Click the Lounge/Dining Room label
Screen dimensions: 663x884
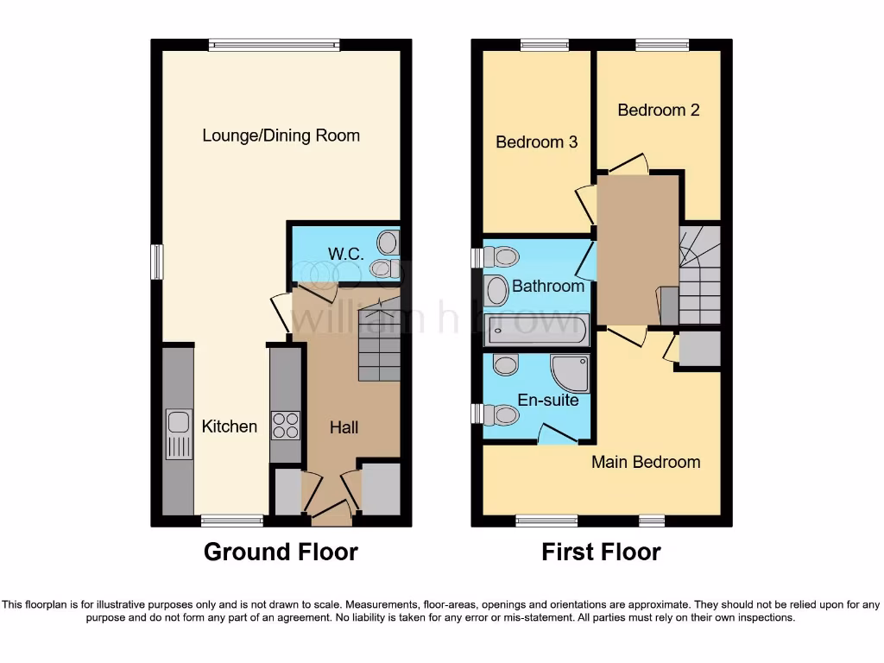(281, 136)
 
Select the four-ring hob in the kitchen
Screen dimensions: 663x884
(286, 425)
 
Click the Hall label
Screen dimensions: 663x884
(344, 427)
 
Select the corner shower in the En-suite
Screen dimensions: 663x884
(571, 373)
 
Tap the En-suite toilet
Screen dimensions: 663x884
(498, 415)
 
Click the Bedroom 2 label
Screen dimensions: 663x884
(658, 110)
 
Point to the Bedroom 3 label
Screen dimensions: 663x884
(536, 142)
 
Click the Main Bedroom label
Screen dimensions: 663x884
(646, 462)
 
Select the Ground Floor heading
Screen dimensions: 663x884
(281, 552)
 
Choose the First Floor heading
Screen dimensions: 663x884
(601, 552)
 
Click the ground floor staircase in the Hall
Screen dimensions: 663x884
(379, 341)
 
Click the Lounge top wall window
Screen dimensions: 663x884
(274, 45)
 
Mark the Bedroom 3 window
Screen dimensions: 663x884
(545, 45)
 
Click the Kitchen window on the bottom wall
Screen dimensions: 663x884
(231, 521)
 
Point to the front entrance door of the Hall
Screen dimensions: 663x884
(331, 515)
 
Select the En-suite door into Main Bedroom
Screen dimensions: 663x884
(558, 434)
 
